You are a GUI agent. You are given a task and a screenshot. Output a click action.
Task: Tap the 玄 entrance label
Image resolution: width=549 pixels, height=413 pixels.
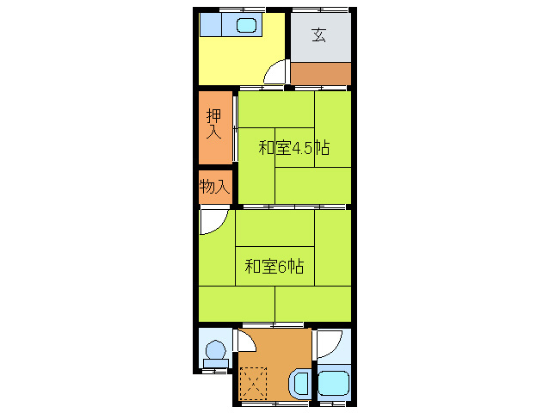tap(319, 35)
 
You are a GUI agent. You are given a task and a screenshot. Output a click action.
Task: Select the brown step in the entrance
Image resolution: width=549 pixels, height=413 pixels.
tap(320, 74)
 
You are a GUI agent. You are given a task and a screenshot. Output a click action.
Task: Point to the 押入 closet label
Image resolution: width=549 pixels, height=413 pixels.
tap(214, 125)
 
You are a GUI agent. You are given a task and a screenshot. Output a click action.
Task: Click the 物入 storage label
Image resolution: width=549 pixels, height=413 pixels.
tap(214, 187)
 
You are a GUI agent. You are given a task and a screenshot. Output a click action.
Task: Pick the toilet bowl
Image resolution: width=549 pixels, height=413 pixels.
tap(216, 350)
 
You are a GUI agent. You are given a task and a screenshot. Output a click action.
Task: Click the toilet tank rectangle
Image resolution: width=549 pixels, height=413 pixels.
tap(216, 364)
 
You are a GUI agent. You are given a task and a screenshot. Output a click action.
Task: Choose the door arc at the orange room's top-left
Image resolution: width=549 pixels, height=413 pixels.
tap(245, 340)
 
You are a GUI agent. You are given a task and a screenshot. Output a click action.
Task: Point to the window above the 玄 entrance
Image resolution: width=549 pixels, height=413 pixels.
tap(319, 9)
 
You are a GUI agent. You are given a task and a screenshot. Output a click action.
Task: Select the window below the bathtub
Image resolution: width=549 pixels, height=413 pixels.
tap(332, 403)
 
